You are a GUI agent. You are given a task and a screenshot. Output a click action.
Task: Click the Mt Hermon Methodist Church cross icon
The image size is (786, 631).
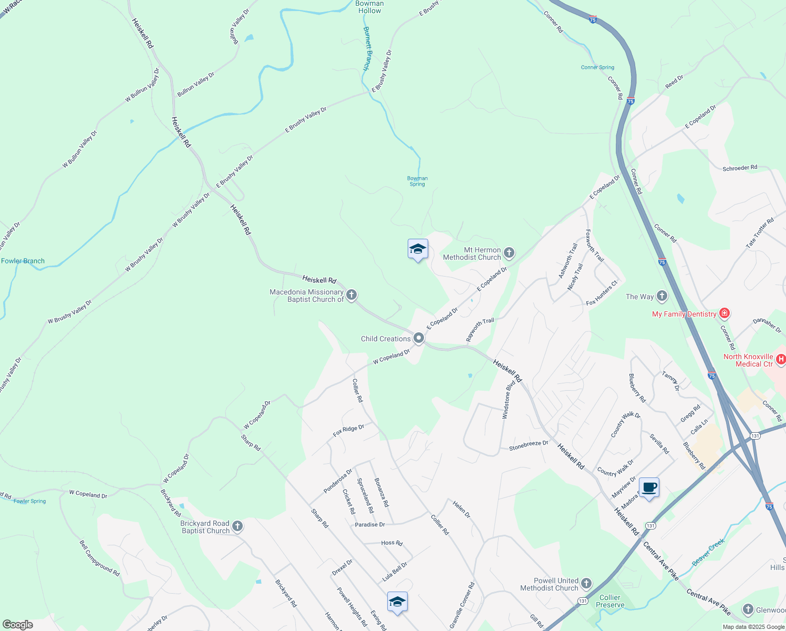click(509, 253)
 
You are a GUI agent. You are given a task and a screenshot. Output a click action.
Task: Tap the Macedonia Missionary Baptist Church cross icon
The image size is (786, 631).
click(351, 295)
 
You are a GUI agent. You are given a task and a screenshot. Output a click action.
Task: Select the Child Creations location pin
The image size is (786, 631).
click(418, 338)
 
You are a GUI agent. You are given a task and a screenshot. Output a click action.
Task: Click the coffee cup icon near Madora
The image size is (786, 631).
click(649, 488)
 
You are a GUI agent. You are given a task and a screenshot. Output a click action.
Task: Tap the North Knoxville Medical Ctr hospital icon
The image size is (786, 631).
click(781, 360)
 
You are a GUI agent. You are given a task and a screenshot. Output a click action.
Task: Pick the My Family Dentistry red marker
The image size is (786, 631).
click(725, 314)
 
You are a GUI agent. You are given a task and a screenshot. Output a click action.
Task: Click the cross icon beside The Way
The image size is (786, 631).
click(662, 296)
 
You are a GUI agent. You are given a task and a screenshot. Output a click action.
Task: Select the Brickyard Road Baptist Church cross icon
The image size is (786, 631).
click(237, 526)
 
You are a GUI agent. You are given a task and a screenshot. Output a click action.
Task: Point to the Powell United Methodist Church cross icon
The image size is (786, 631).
click(586, 584)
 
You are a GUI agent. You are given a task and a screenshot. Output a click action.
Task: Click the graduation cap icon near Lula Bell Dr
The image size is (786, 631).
click(397, 602)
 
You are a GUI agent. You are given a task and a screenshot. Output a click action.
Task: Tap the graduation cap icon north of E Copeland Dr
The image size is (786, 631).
click(418, 249)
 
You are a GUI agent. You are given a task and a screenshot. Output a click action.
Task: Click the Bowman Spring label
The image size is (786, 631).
click(418, 181)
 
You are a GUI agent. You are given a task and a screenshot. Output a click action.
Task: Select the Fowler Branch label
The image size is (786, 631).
click(23, 261)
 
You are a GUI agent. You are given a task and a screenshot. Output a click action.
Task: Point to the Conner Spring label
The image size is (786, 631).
click(597, 67)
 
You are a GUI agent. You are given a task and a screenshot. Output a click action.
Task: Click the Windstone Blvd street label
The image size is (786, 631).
click(508, 399)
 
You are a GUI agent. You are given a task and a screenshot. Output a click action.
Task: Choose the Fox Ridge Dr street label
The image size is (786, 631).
click(348, 431)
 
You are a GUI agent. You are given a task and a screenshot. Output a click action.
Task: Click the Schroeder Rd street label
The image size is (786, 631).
click(740, 168)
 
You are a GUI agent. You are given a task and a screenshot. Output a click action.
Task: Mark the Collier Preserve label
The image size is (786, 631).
click(610, 601)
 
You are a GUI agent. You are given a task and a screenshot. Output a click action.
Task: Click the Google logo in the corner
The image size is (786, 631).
click(17, 625)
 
